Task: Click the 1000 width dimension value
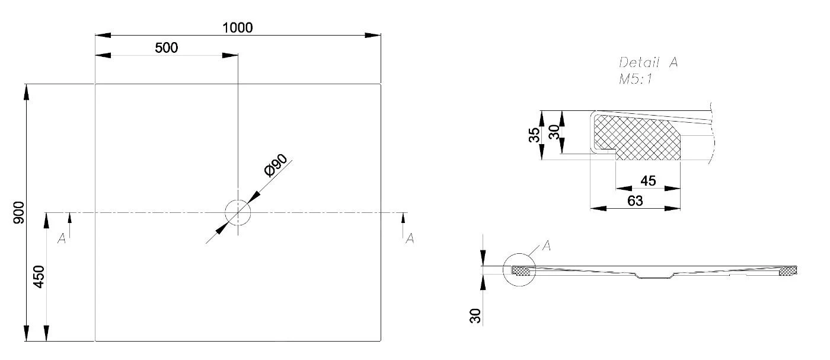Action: coord(238,28)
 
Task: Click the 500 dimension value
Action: coord(167,48)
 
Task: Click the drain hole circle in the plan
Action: coord(238,212)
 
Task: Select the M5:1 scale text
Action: coord(636,79)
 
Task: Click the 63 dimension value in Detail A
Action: coord(635,201)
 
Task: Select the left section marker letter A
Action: coord(62,238)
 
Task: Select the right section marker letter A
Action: coord(409,238)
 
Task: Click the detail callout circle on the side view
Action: coord(519,270)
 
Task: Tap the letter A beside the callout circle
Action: coord(547,246)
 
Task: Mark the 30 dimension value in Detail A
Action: coord(554,132)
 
